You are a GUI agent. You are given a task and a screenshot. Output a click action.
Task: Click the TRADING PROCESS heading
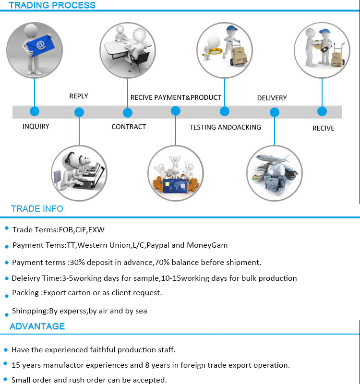(52, 5)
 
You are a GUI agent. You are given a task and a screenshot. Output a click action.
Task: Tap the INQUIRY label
(36, 127)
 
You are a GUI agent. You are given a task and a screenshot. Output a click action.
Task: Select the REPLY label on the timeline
(79, 96)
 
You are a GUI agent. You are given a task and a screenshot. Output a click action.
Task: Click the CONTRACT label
(129, 127)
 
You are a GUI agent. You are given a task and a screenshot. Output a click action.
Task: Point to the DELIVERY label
(272, 98)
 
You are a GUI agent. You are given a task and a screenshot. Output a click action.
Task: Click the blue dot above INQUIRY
(34, 111)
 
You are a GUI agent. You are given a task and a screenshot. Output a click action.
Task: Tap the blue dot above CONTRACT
(128, 113)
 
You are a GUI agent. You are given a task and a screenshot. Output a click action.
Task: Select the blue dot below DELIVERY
(275, 113)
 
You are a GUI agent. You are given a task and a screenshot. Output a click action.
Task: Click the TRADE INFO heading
(37, 209)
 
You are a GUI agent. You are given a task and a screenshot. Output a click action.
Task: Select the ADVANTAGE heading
(37, 326)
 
